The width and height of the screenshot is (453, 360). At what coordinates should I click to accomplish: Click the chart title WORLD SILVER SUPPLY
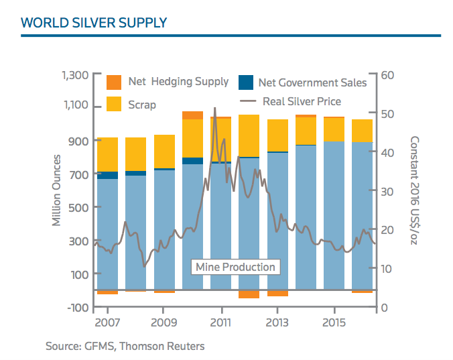tap(94, 23)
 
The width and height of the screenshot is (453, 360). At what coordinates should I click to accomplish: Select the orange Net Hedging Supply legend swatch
tap(115, 82)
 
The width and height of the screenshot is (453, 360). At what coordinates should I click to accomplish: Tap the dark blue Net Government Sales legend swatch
tap(246, 82)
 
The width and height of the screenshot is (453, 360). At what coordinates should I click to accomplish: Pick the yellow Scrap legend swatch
tap(115, 104)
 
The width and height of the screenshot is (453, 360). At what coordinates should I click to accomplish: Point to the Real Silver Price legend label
tap(302, 102)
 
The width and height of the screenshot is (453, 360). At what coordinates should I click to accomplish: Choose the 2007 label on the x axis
tap(107, 323)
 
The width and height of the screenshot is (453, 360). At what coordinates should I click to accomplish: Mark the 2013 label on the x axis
tap(277, 323)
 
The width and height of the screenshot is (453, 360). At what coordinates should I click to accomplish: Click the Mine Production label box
tap(235, 267)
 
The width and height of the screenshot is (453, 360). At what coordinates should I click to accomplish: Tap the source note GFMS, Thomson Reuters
tap(125, 347)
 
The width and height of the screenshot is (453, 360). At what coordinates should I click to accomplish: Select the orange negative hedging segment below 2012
tap(249, 294)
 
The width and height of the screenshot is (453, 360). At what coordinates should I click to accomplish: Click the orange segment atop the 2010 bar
tap(192, 115)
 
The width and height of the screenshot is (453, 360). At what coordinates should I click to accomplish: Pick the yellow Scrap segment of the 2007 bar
tap(107, 154)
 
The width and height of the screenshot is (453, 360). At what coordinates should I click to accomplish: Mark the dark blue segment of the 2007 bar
tap(107, 176)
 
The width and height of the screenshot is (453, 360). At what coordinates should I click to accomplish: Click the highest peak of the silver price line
tap(214, 109)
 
